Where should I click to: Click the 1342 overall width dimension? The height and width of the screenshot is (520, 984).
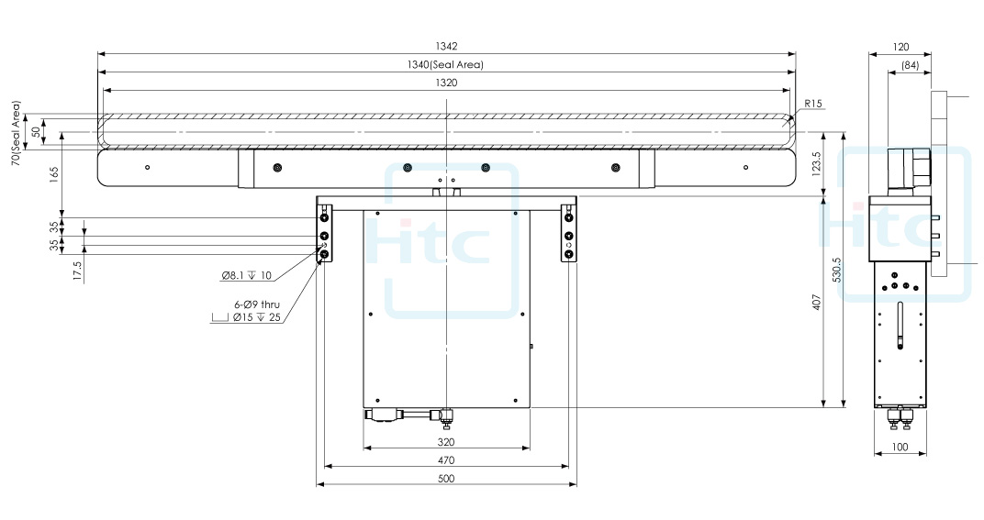446,46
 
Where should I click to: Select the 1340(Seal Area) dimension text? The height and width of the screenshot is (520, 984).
446,64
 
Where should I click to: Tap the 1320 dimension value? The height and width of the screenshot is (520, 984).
446,82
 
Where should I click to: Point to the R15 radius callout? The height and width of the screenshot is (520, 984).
812,104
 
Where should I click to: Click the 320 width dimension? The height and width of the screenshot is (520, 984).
447,442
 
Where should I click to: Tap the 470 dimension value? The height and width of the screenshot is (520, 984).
447,460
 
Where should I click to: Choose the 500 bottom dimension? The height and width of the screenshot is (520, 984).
447,479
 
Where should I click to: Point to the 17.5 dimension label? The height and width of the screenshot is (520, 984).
76,270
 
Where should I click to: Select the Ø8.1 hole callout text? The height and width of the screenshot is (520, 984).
247,275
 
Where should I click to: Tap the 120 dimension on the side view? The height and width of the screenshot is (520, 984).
900,47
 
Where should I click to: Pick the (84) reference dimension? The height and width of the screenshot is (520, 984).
911,65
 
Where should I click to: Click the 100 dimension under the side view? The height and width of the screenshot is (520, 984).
900,448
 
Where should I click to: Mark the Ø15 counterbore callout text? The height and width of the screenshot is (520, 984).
256,317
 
